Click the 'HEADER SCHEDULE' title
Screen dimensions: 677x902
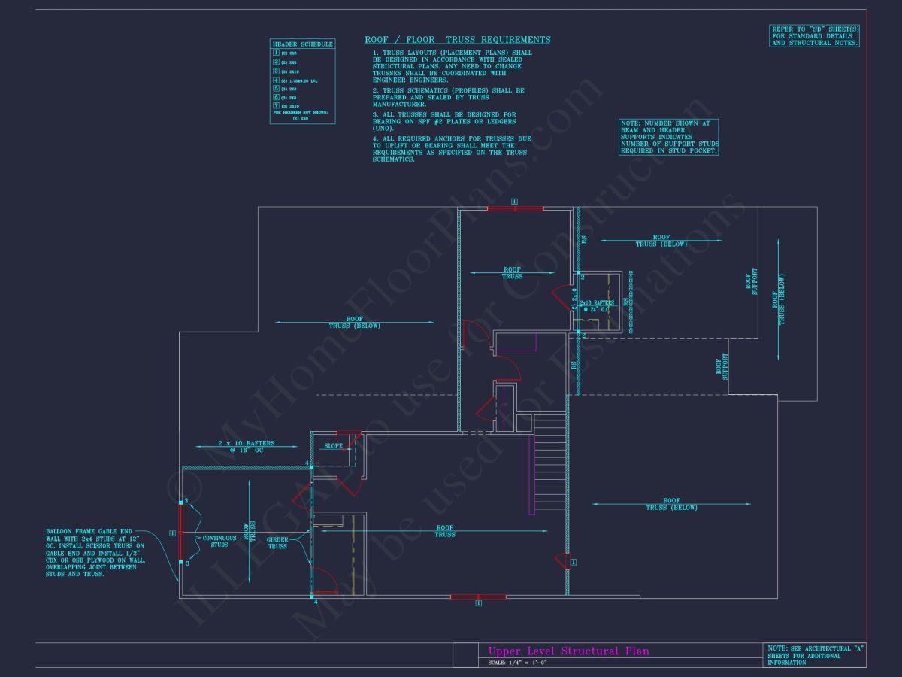click(302, 44)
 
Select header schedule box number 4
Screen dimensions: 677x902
click(276, 80)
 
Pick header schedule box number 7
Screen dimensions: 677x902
click(276, 106)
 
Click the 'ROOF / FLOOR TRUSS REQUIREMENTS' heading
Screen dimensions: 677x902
click(457, 40)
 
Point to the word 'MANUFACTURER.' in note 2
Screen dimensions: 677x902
click(399, 104)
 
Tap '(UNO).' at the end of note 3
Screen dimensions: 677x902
click(385, 128)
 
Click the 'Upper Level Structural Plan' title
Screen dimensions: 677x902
click(568, 651)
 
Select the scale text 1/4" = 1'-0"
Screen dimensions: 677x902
click(516, 663)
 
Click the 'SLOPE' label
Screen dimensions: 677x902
click(334, 446)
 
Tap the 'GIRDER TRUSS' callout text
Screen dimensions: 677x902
click(277, 542)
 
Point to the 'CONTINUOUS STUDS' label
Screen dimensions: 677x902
click(219, 541)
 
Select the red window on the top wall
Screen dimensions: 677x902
click(515, 208)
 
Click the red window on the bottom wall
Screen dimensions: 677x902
click(478, 597)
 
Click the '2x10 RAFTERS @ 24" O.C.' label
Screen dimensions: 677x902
click(596, 305)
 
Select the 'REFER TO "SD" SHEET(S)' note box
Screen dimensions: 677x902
click(814, 36)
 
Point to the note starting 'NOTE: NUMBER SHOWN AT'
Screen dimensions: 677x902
click(668, 137)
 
